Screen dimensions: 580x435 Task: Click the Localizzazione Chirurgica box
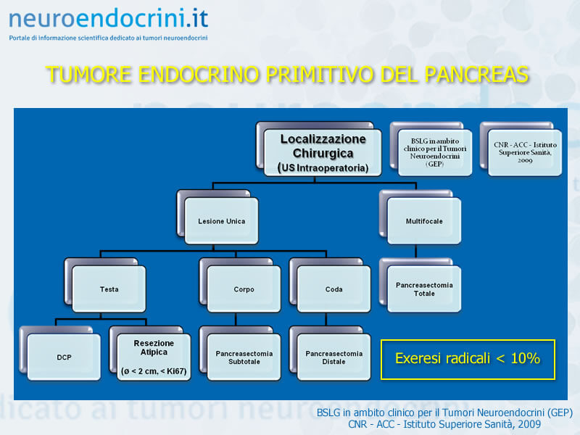pos(323,152)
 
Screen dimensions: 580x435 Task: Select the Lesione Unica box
pos(221,221)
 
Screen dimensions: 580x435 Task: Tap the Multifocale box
pos(424,221)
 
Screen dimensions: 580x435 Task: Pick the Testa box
pos(109,289)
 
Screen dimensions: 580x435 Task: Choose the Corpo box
pos(244,289)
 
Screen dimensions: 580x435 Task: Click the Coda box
pos(333,289)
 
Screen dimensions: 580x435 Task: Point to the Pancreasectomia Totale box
pos(424,289)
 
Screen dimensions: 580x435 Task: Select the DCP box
pos(64,357)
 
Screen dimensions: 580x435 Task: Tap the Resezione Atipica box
pos(154,357)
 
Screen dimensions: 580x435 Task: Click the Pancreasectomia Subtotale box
pos(244,357)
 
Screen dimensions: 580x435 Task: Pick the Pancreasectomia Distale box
pos(333,357)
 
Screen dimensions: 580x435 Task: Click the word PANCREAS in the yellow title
pos(476,74)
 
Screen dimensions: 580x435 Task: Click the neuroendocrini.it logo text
pos(108,19)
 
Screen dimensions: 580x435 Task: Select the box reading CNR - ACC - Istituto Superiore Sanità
pos(525,152)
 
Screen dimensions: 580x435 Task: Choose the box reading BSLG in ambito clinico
pos(435,152)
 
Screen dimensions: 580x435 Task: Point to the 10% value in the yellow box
pos(525,358)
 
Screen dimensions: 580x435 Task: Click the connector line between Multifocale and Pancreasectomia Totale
pos(415,251)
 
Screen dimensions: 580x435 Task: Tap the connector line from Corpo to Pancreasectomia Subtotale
pos(236,319)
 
